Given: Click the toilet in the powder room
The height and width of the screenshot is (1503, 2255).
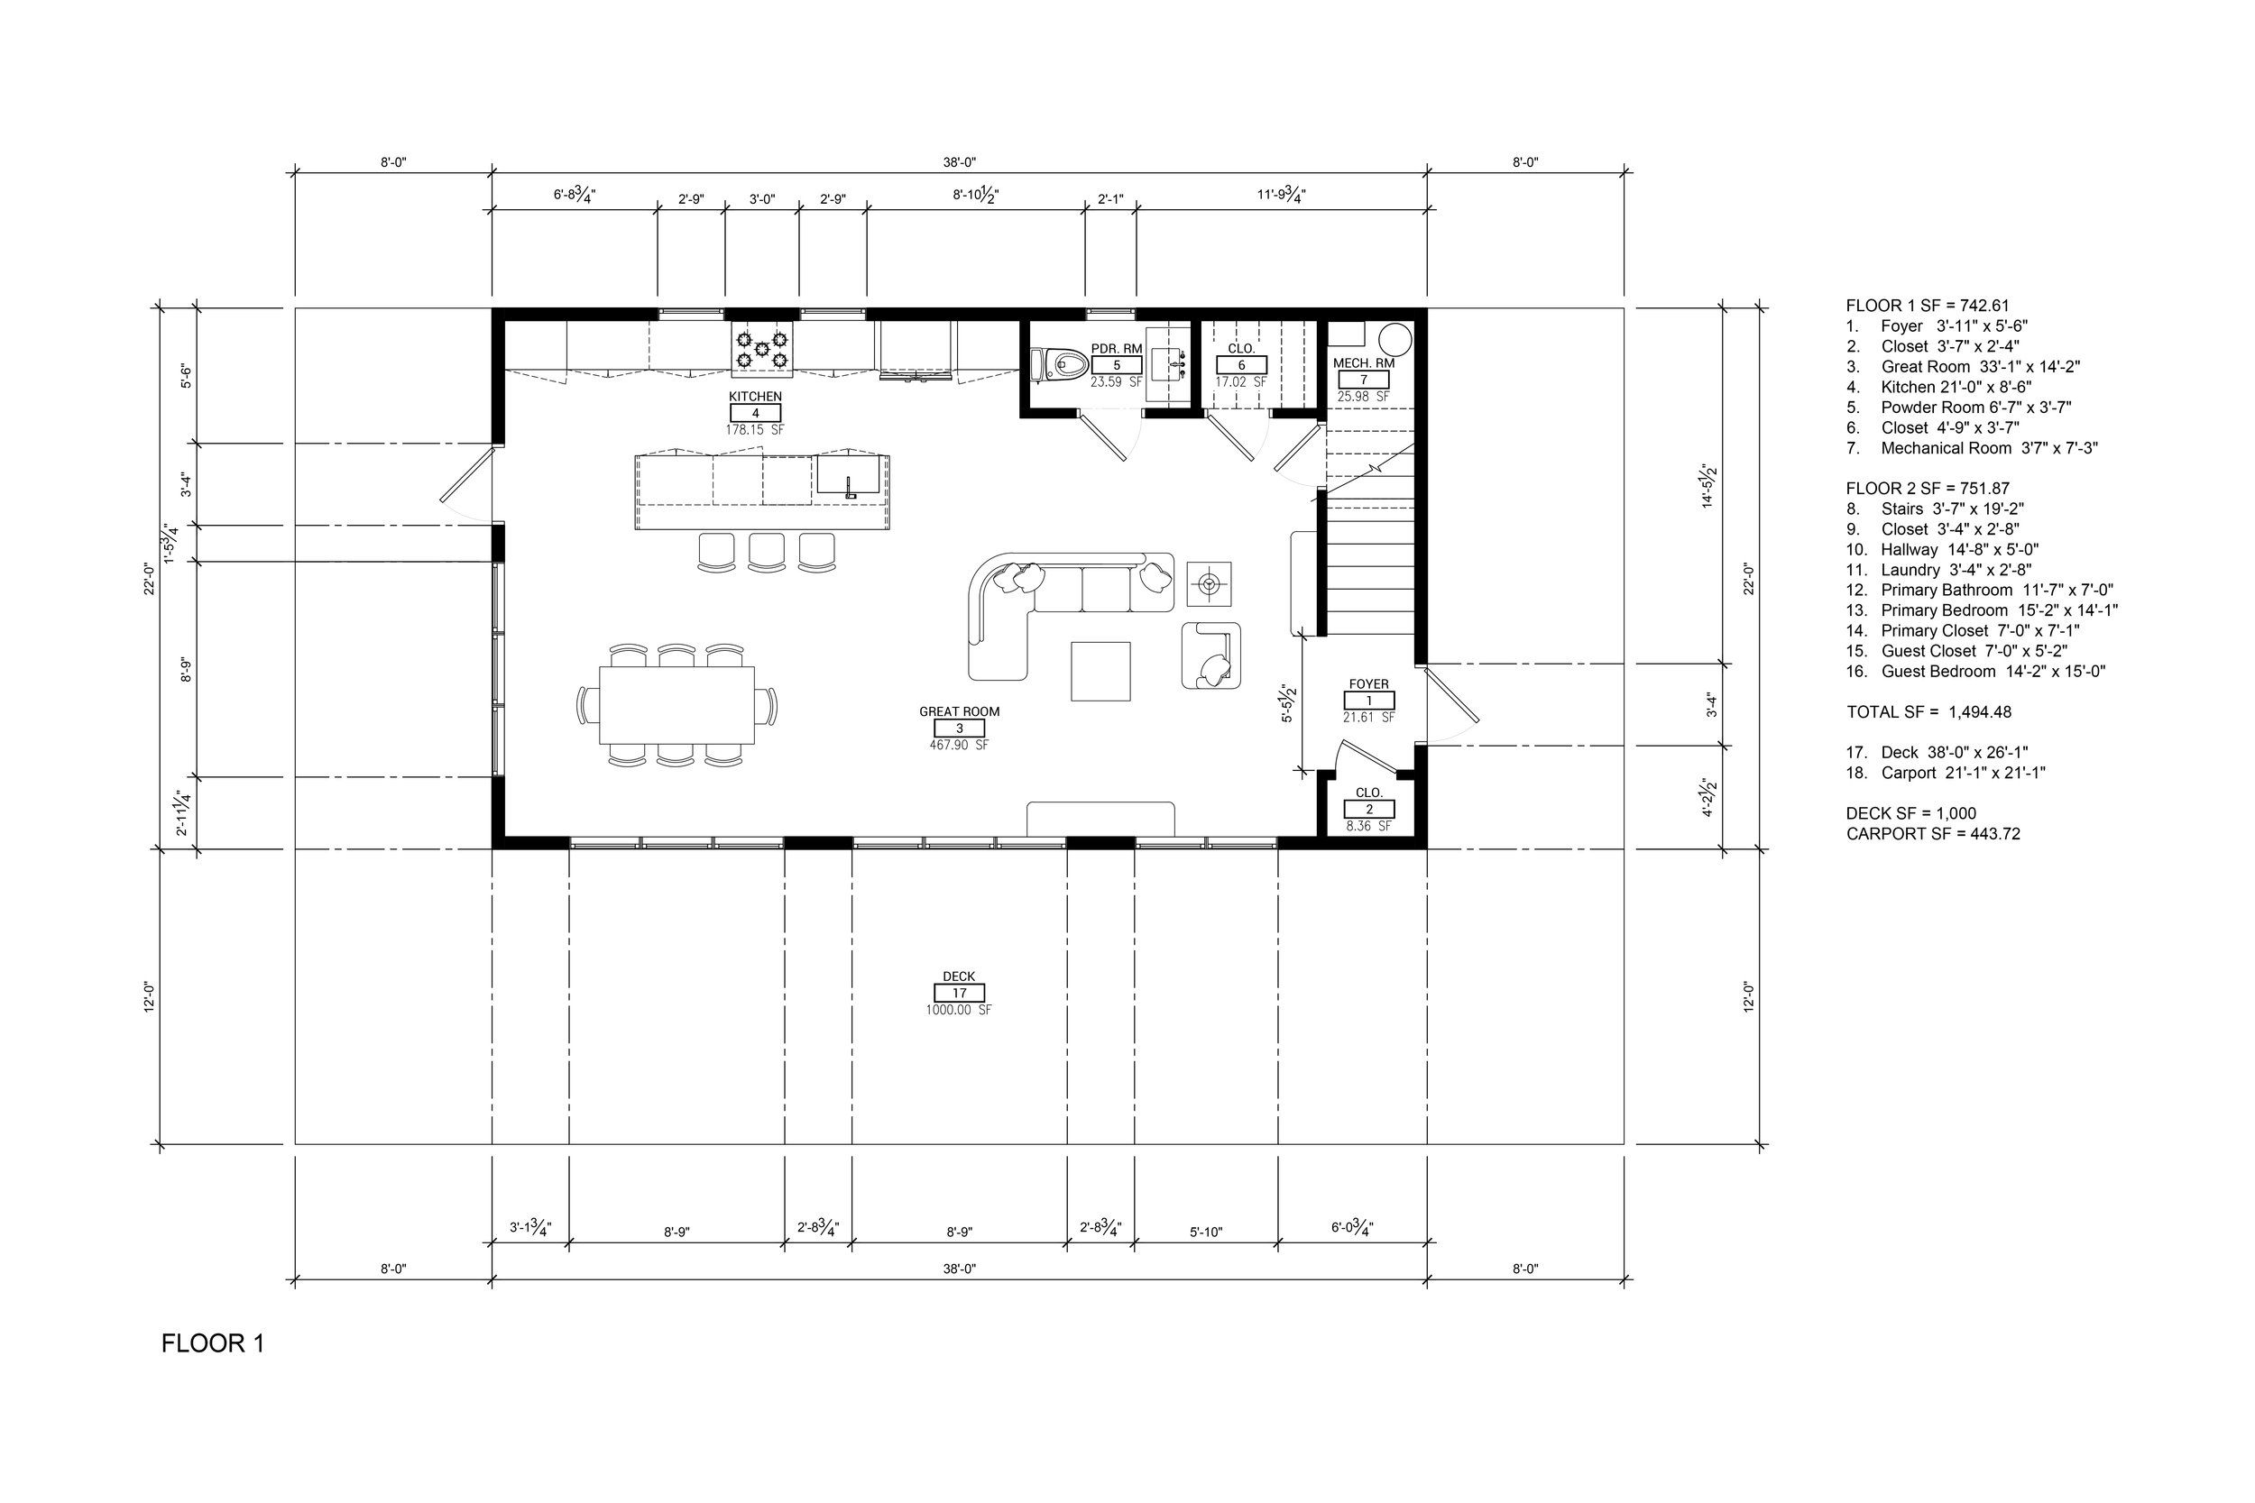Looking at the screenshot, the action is pos(1060,365).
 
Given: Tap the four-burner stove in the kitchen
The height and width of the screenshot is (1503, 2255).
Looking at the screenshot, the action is pos(761,349).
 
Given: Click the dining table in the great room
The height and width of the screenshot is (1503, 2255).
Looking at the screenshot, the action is pos(676,704).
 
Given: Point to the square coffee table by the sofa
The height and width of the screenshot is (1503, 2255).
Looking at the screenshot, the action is pos(1100,671).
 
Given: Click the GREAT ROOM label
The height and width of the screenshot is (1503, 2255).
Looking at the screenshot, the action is pos(959,711).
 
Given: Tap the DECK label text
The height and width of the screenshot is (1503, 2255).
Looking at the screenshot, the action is pos(959,976).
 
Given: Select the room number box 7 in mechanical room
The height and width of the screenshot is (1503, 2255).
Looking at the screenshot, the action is pos(1363,380).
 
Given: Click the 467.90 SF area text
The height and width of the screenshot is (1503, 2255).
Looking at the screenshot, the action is pos(959,745).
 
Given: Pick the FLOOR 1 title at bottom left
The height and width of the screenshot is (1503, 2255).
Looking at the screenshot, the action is pos(213,1343).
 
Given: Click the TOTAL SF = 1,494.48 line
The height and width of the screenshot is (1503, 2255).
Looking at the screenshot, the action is pos(1929,712).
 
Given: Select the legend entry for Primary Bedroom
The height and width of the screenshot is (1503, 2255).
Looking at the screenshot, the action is pos(1982,610).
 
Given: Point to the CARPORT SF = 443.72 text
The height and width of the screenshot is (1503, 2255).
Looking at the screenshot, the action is pos(1933,834).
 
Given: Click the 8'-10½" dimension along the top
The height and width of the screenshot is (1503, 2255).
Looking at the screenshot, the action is pos(976,195).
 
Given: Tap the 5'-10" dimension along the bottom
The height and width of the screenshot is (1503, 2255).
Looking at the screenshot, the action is pos(1206,1232).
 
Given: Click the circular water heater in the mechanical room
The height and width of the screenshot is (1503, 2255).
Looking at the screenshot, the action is pos(1395,339).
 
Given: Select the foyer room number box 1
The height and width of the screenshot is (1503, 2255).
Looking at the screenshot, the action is pos(1369,701).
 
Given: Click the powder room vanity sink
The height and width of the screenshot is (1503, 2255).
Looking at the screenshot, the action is pos(1170,364).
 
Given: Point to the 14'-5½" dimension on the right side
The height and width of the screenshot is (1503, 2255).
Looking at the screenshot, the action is pos(1708,487).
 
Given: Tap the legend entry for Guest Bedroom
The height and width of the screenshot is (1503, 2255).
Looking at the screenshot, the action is pos(1975,671).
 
